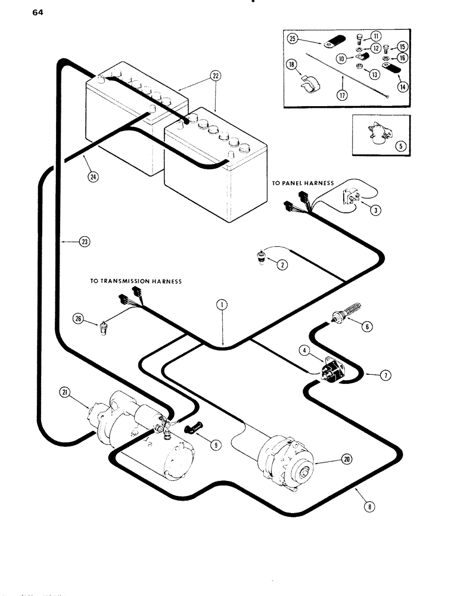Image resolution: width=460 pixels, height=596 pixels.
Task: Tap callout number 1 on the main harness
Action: (x=222, y=305)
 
